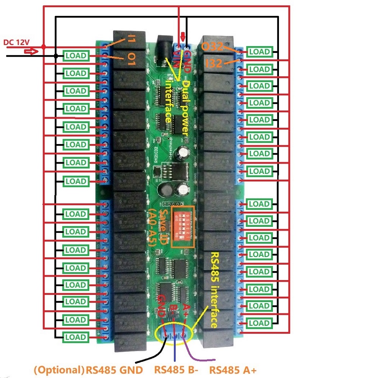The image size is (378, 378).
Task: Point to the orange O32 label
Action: pos(212,47)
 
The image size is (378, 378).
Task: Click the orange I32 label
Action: pos(214,64)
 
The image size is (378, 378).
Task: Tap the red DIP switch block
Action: pos(183,227)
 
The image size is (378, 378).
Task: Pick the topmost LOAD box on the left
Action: pos(76,56)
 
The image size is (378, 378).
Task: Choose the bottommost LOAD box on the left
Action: pos(76,337)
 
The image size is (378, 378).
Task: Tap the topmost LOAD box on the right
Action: pos(259,52)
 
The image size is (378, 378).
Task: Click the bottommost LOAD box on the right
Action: pos(259,323)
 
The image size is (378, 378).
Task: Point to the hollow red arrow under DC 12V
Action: pos(33,51)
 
